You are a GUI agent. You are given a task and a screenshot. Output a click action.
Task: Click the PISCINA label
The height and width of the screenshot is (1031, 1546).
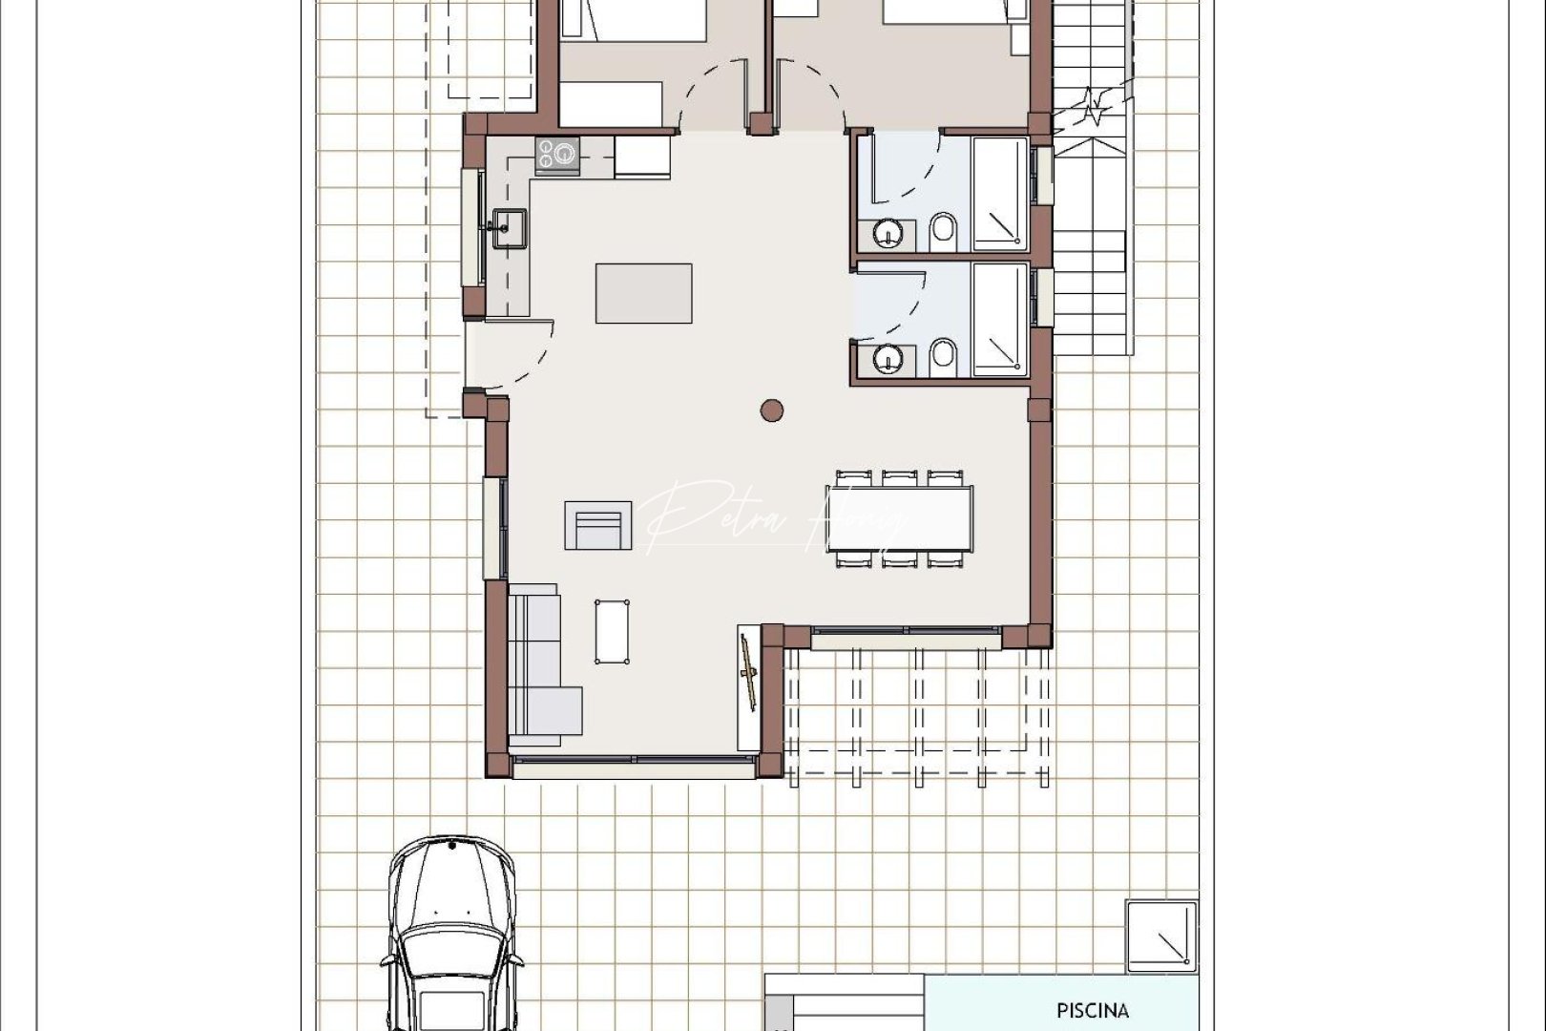[x=1093, y=1010]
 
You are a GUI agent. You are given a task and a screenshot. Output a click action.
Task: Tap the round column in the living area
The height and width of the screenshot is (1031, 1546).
[x=772, y=411]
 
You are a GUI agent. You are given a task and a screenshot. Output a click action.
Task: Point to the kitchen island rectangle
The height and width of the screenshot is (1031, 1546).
[x=644, y=293]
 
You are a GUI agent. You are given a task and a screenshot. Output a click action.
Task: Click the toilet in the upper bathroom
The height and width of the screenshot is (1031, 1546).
[x=943, y=229]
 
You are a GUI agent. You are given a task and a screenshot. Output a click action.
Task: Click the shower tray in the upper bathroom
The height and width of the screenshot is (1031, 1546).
[x=999, y=194]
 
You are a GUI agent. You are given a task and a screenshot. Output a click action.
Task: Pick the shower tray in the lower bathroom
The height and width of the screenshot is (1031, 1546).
[x=999, y=319]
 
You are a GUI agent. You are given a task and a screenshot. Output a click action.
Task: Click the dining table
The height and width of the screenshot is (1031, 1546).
[x=900, y=519]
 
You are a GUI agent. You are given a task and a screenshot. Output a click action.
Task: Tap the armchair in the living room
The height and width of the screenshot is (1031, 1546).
[x=598, y=526]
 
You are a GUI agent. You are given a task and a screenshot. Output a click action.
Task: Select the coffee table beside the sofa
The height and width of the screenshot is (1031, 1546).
[x=612, y=631]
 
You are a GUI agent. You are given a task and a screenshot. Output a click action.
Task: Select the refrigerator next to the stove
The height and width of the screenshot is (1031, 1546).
[x=642, y=157]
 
